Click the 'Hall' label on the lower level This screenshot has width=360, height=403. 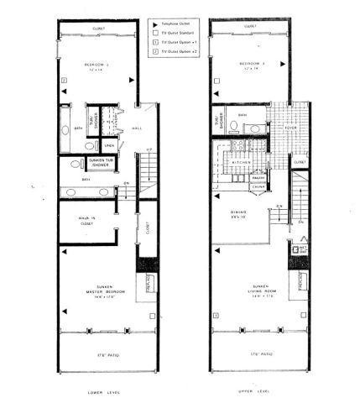click(x=137, y=128)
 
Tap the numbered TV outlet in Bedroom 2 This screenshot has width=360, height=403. click(x=64, y=81)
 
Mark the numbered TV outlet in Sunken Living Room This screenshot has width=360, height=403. click(x=216, y=315)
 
